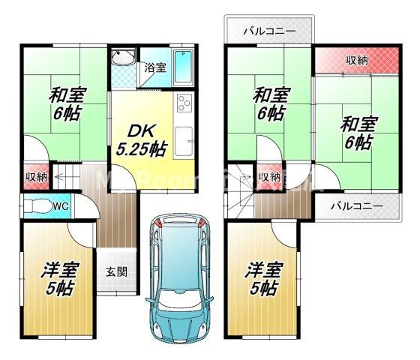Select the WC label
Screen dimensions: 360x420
tap(61, 204)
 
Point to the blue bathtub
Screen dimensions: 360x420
tap(182, 68)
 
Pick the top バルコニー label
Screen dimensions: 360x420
tap(269, 32)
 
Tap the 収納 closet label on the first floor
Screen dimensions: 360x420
tap(36, 178)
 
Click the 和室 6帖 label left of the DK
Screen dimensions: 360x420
tap(67, 106)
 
